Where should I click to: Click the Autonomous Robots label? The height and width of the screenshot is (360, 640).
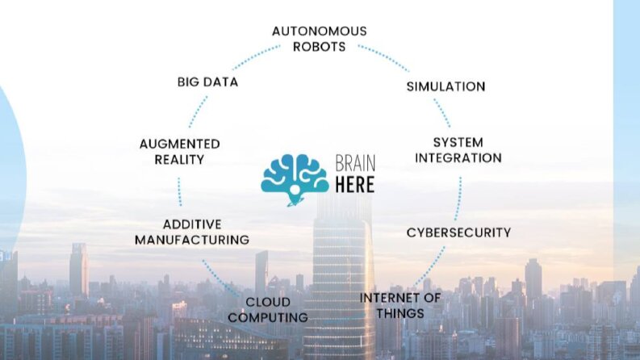pyautogui.click(x=319, y=39)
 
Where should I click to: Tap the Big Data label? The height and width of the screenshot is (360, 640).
pyautogui.click(x=207, y=82)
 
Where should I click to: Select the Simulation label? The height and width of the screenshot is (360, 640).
pyautogui.click(x=445, y=86)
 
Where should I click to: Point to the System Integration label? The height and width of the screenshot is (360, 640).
pyautogui.click(x=458, y=150)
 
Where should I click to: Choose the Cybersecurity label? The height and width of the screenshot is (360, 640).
pyautogui.click(x=458, y=232)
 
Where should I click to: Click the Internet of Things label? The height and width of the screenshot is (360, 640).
pyautogui.click(x=400, y=306)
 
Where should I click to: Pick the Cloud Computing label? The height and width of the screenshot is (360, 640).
pyautogui.click(x=268, y=310)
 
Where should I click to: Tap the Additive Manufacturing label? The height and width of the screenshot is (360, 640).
pyautogui.click(x=192, y=232)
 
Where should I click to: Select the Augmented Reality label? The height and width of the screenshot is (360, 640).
pyautogui.click(x=180, y=152)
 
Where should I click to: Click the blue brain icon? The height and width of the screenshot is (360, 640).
pyautogui.click(x=295, y=179)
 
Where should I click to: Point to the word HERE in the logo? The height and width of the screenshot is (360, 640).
pyautogui.click(x=354, y=185)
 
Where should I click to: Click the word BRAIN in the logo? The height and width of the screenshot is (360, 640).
pyautogui.click(x=355, y=163)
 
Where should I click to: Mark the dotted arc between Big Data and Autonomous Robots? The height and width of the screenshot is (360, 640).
pyautogui.click(x=255, y=56)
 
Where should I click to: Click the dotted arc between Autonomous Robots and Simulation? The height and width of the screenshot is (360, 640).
pyautogui.click(x=383, y=57)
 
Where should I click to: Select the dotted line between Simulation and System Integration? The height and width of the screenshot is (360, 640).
pyautogui.click(x=442, y=113)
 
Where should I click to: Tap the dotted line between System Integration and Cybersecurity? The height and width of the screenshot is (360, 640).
pyautogui.click(x=458, y=199)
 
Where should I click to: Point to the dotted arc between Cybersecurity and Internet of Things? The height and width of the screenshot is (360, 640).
pyautogui.click(x=430, y=267)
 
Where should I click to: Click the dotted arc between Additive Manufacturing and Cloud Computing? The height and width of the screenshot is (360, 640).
pyautogui.click(x=220, y=279)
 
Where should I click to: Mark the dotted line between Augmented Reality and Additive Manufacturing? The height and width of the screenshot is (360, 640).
pyautogui.click(x=180, y=192)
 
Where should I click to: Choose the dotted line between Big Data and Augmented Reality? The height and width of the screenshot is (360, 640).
pyautogui.click(x=198, y=112)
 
